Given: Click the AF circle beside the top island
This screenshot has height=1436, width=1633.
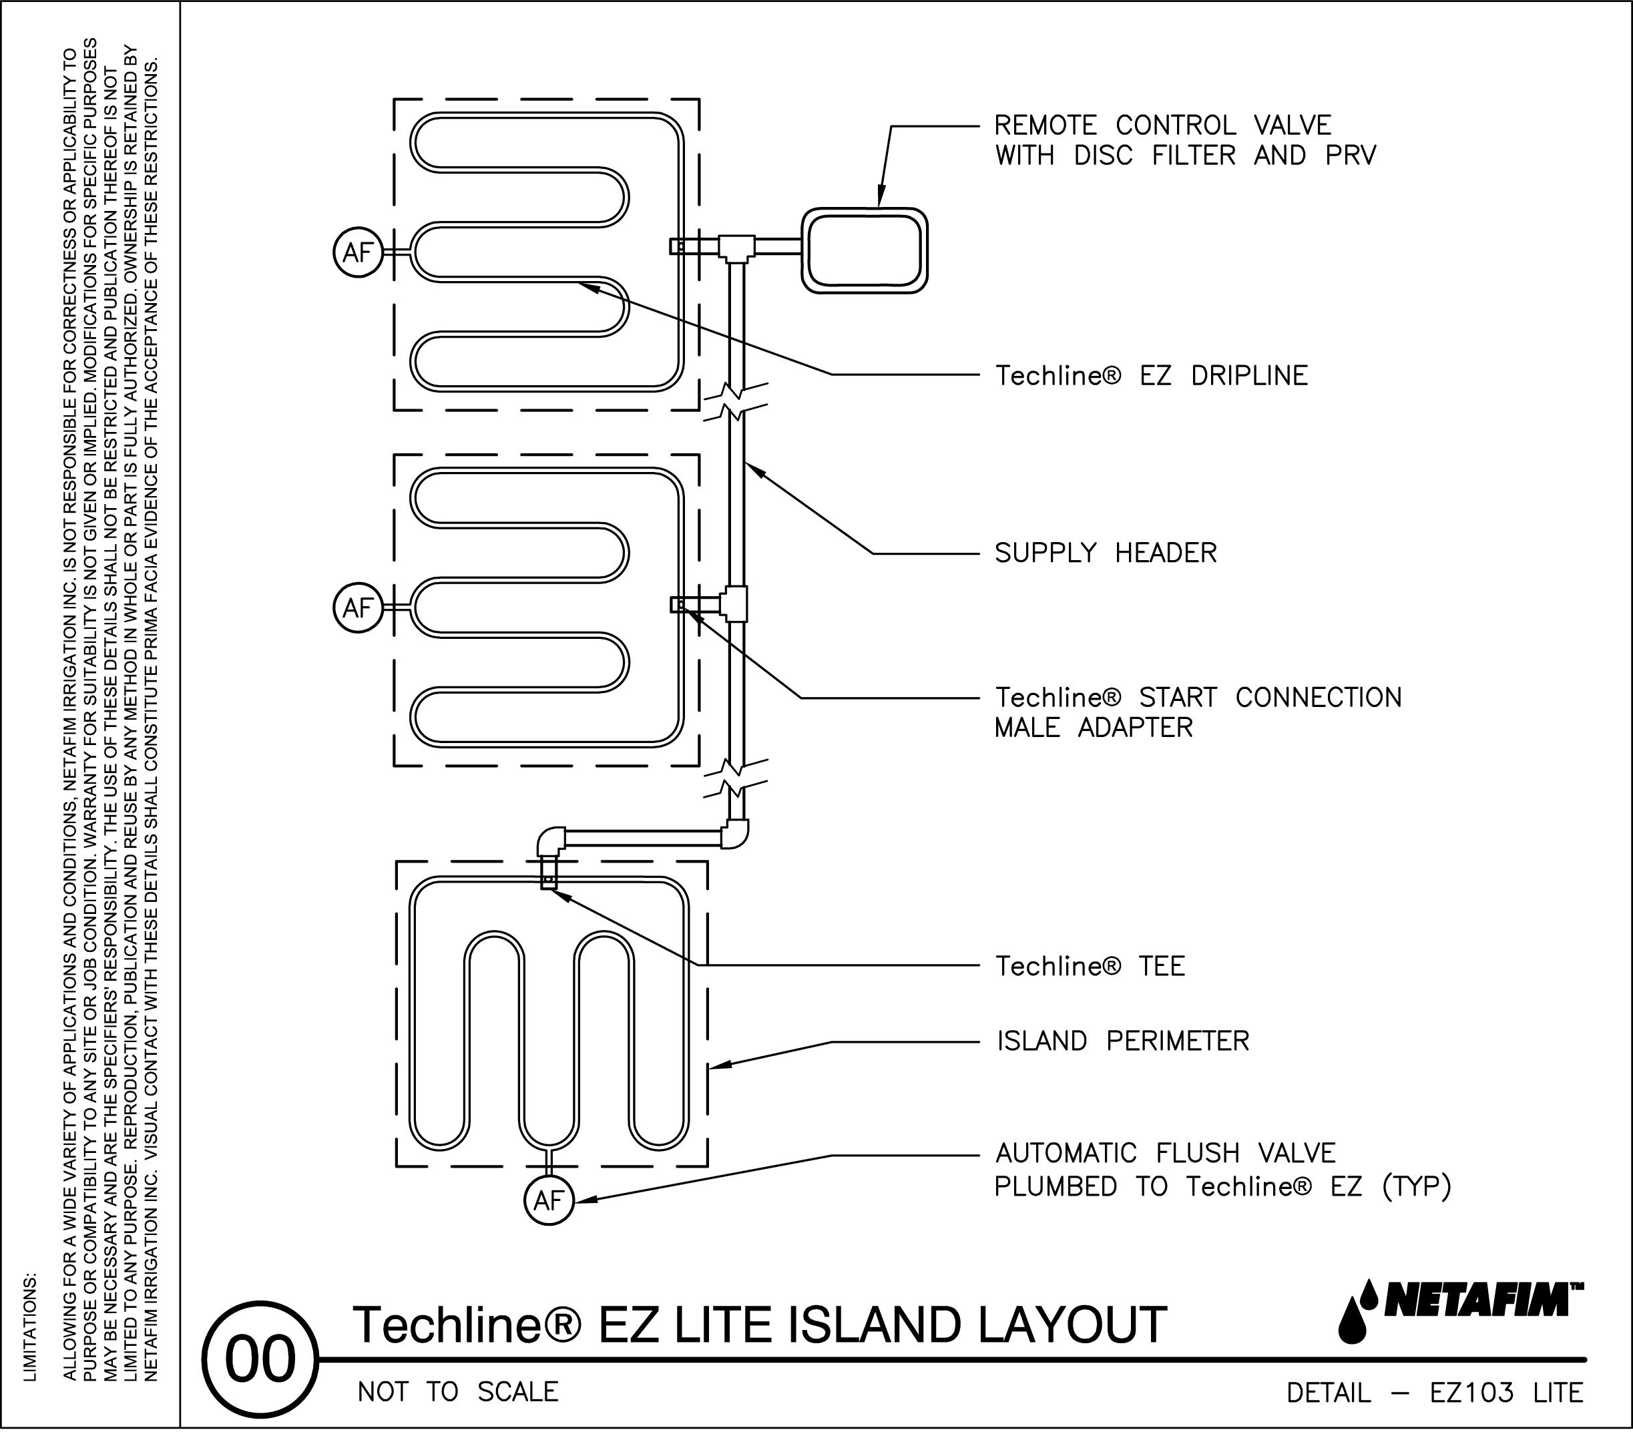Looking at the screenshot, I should pos(358,252).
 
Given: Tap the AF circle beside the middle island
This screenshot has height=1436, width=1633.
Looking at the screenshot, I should pos(358,608).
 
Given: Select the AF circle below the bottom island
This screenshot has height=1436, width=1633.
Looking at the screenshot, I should pos(549,1200).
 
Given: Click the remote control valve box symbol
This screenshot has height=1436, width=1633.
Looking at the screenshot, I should pos(864,251).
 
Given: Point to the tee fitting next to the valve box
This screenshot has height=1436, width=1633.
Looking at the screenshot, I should pos(736,248).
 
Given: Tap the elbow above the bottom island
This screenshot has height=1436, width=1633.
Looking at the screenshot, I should pos(551,841).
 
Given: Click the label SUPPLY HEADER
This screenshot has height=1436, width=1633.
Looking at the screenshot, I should pos(1105,553).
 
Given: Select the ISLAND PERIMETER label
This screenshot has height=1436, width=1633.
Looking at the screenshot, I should pos(1122,1041).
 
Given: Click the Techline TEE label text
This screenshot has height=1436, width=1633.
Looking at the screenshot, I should pos(1090,967).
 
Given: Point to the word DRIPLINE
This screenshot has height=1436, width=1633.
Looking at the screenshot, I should pos(1248,376).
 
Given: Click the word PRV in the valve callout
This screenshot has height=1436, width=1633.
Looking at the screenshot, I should pos(1350,155).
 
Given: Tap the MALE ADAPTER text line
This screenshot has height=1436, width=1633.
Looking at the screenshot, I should pos(1093,728).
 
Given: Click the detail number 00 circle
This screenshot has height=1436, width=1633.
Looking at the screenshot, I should pos(260,1360).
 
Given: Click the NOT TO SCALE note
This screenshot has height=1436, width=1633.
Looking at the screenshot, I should pos(458,1391).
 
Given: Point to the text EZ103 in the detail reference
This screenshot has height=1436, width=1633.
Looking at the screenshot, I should pos(1471,1393).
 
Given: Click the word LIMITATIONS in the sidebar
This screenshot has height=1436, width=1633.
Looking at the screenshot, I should pos(30,1327).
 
